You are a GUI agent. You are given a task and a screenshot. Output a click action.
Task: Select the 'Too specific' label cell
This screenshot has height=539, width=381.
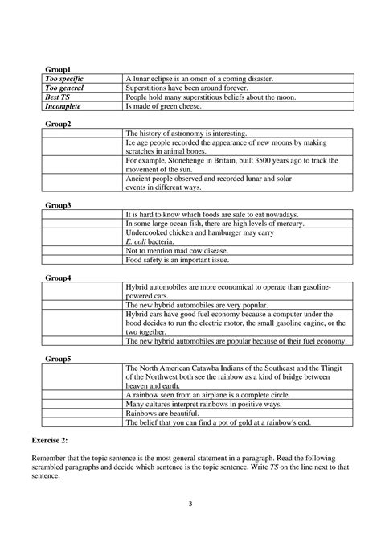pos(65,79)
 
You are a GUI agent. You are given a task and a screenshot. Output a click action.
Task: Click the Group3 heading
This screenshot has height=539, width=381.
pos(58,206)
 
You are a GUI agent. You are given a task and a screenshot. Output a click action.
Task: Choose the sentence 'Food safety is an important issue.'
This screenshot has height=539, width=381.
pos(177,260)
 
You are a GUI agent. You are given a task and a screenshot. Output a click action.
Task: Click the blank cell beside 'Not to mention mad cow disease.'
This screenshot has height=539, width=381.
pos(83,251)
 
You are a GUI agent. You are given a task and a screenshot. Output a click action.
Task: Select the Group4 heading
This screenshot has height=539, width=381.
pos(58,278)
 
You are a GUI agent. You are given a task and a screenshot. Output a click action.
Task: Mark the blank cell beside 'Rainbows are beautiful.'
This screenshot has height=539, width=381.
pos(83,413)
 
